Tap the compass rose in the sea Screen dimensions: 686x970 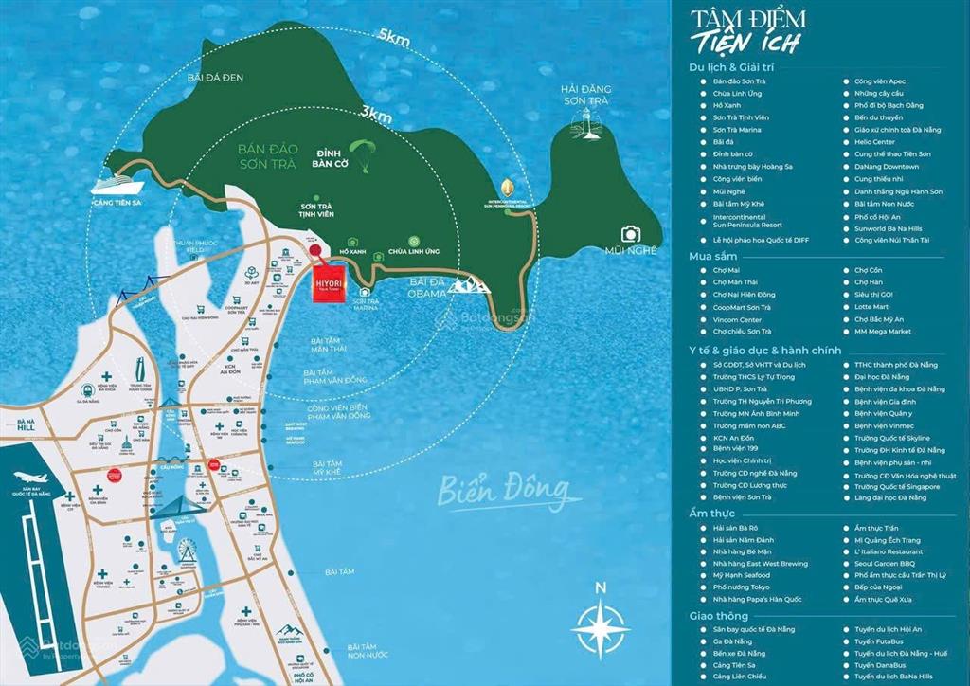(x=601, y=623)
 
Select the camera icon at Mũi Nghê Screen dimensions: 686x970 (x=631, y=233)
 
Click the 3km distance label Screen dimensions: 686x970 (x=376, y=114)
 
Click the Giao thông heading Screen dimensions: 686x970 (x=720, y=616)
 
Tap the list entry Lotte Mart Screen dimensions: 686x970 (x=871, y=307)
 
